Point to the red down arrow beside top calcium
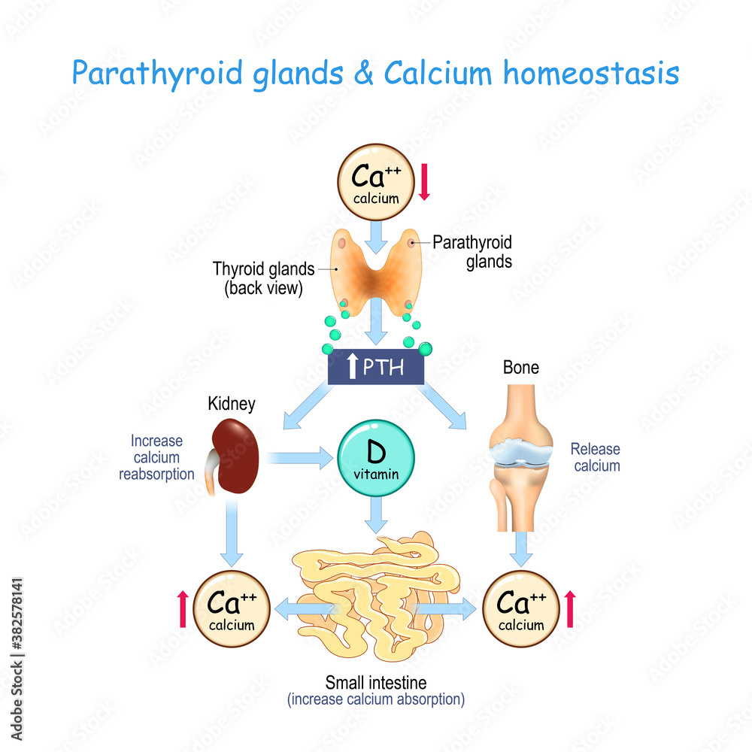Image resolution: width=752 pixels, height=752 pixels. [x=424, y=182]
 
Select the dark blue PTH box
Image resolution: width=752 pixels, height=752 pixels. [x=376, y=367]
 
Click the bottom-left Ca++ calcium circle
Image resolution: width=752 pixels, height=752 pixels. [x=231, y=608]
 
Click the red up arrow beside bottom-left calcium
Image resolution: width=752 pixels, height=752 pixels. [x=182, y=608]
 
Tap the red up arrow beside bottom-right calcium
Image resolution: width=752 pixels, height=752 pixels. [x=569, y=608]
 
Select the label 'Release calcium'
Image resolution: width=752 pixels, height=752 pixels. [x=596, y=457]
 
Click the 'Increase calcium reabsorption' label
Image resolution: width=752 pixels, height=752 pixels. [x=156, y=457]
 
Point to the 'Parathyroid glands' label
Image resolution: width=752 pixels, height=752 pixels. [x=472, y=252]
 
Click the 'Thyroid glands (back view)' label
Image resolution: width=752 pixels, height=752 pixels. [x=263, y=277]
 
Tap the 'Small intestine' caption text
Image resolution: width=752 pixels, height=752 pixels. [x=375, y=683]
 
